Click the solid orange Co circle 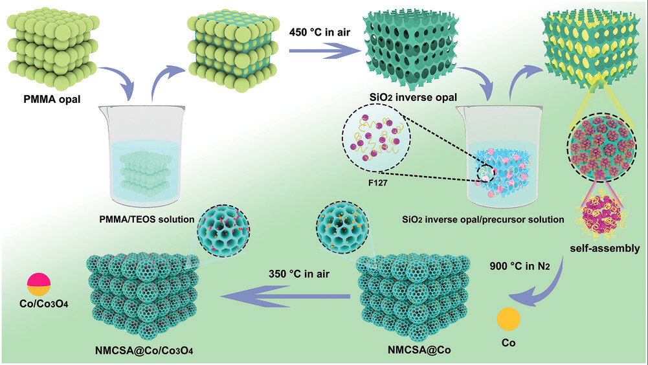coord(509,319)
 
